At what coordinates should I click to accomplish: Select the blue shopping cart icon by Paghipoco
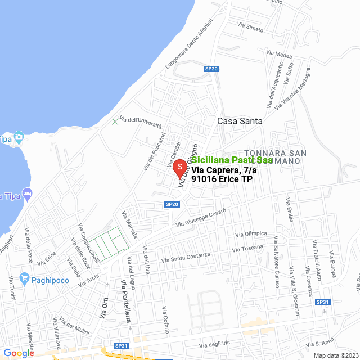click(x=24, y=278)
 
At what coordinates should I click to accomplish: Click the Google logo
click(x=19, y=353)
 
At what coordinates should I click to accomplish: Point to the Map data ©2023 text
click(x=335, y=355)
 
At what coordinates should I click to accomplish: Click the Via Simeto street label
click(x=251, y=26)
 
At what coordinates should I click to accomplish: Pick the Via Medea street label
click(x=280, y=55)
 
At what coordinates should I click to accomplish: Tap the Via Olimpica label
click(x=251, y=233)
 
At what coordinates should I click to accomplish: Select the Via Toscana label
click(x=247, y=248)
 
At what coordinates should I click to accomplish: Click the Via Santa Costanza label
click(x=186, y=257)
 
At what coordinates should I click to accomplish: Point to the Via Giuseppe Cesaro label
click(x=201, y=218)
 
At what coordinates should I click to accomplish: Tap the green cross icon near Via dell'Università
click(x=115, y=121)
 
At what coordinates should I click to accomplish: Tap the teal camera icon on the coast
click(x=19, y=137)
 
